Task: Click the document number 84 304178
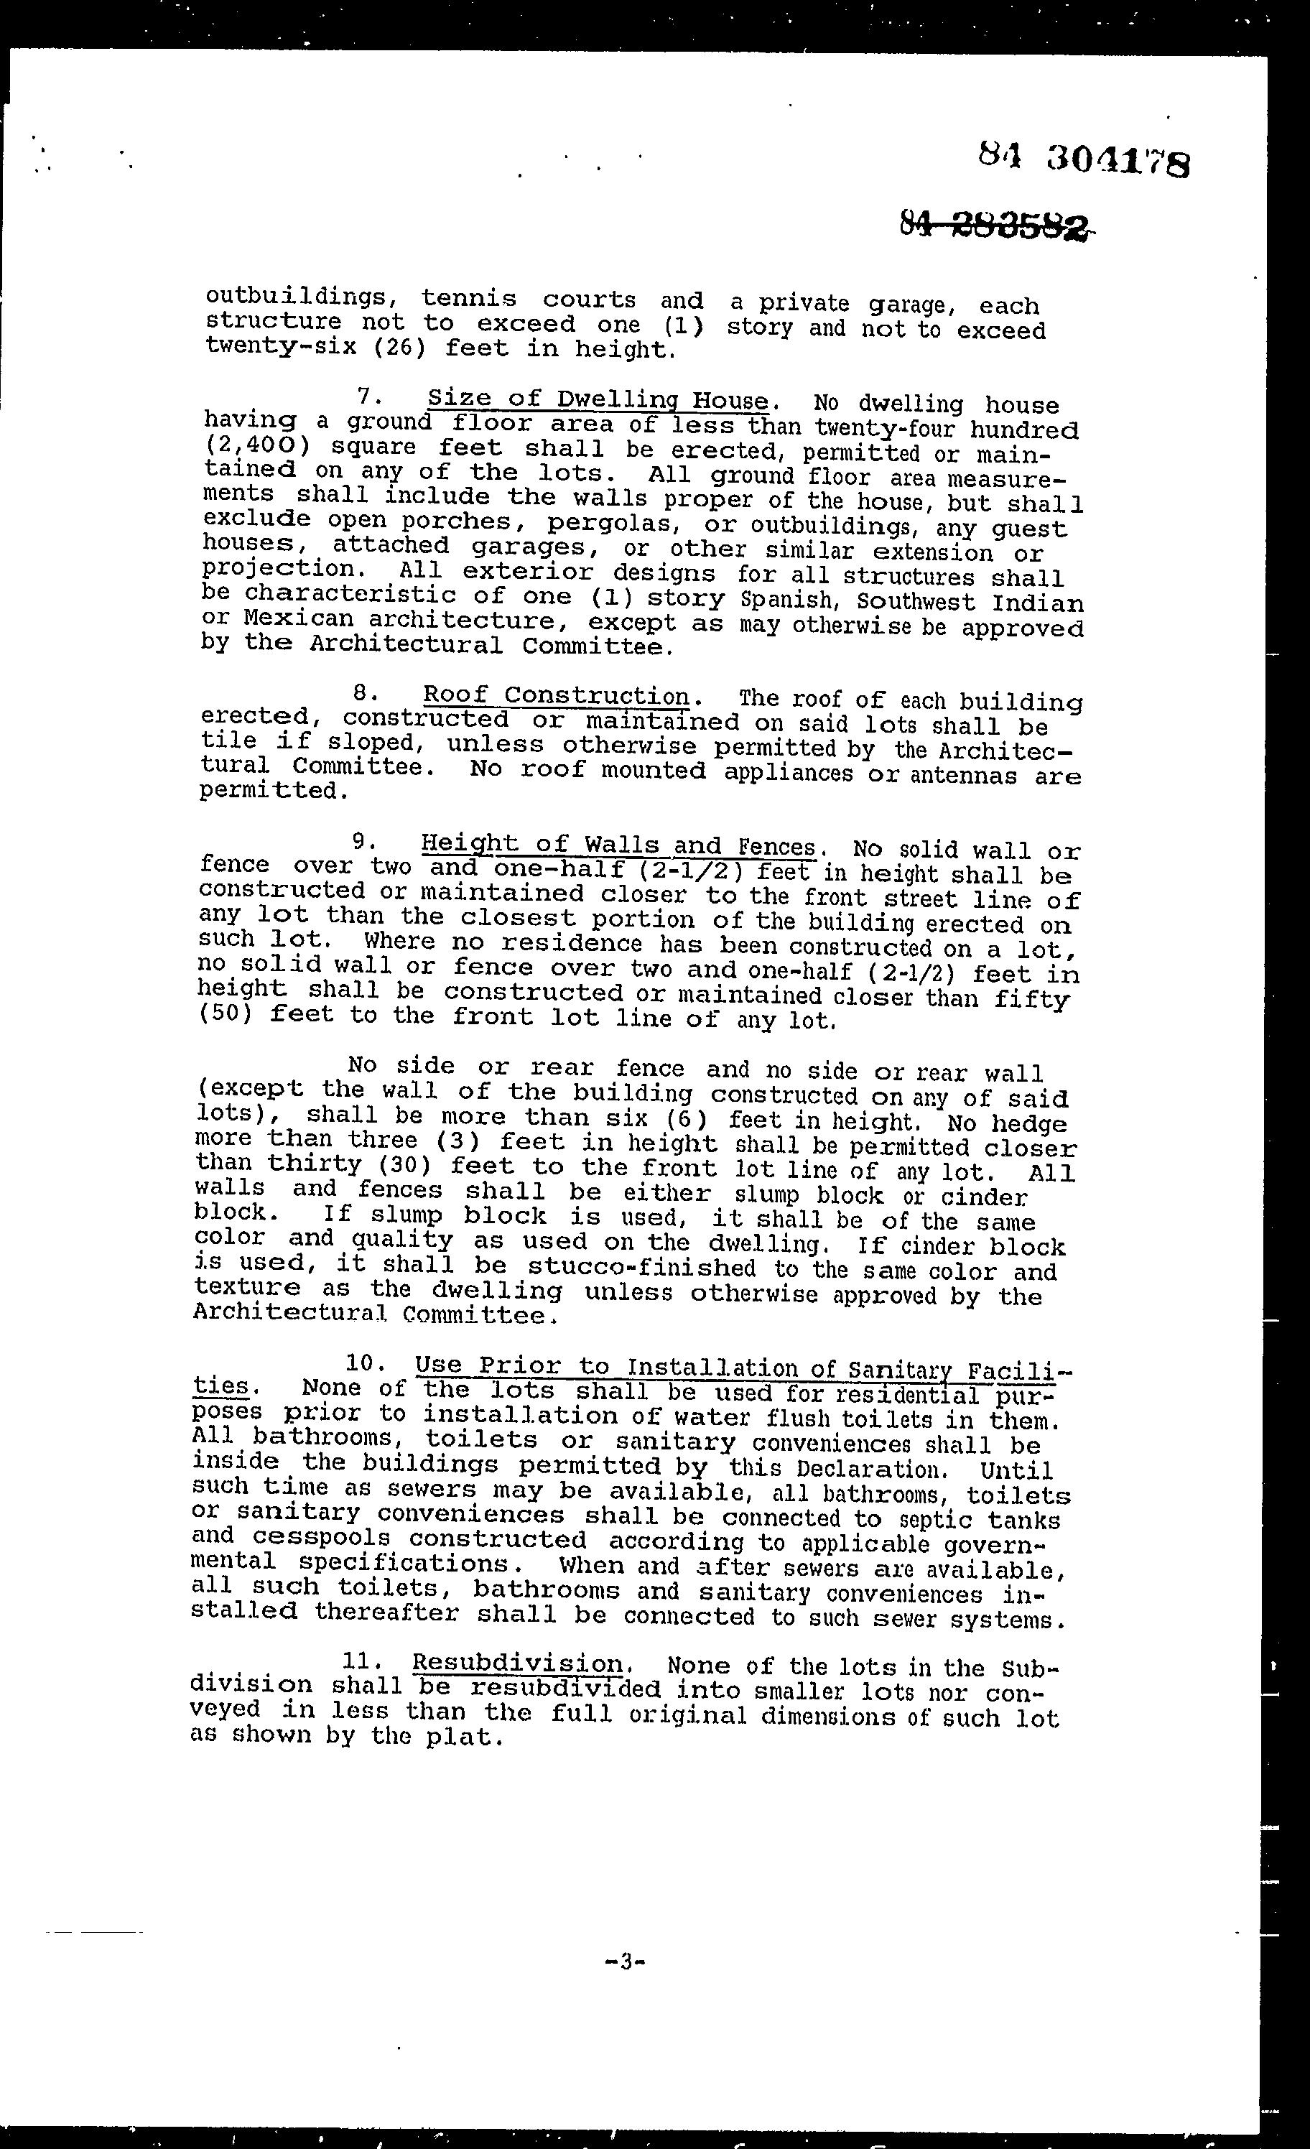click(1082, 159)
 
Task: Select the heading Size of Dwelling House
click(598, 400)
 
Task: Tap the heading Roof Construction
click(557, 696)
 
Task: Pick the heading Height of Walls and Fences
click(618, 845)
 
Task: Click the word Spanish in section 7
click(790, 601)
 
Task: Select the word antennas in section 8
click(963, 774)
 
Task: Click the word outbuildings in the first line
click(296, 297)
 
